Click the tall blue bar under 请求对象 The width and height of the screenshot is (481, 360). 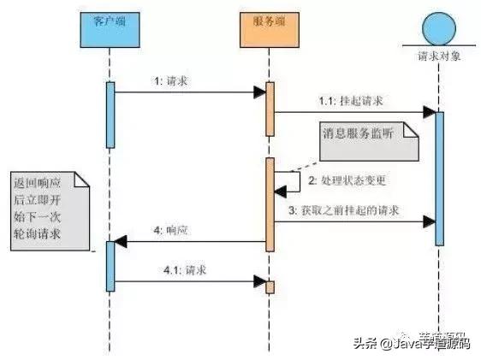[x=440, y=176]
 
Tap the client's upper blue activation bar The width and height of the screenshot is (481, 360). [x=110, y=115]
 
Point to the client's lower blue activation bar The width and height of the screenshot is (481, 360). [x=110, y=266]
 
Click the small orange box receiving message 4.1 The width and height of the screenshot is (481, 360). [x=269, y=286]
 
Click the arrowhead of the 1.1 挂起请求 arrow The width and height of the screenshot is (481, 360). [x=427, y=111]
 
